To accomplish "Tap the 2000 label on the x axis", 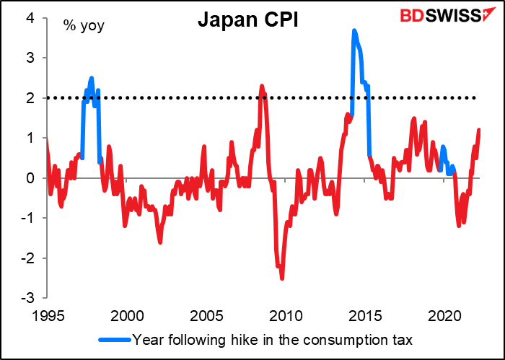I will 127,315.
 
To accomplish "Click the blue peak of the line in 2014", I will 353,30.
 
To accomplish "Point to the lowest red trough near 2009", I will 281,278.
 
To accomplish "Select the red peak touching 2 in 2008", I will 262,86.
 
